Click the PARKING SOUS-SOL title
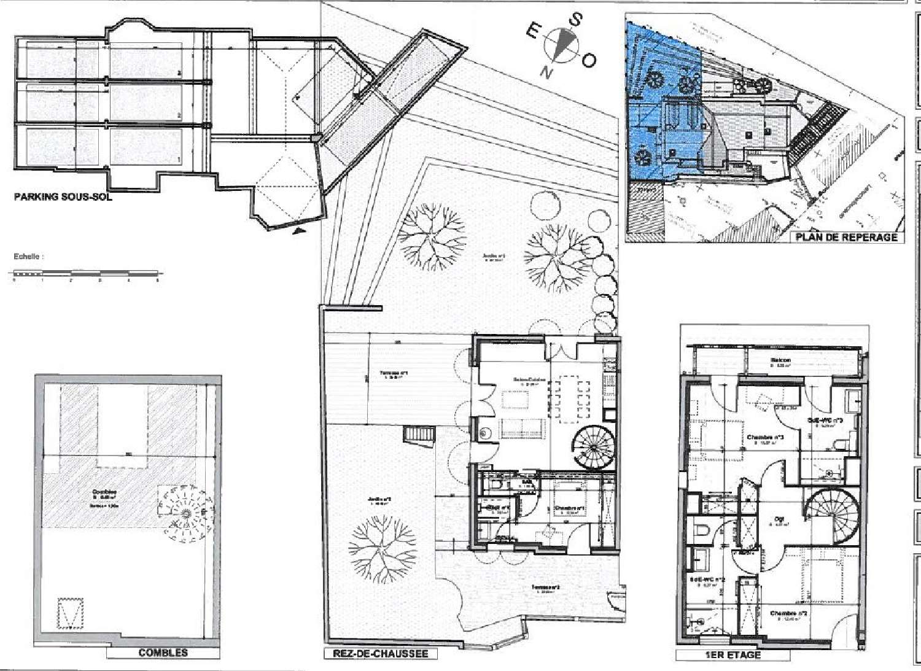pyautogui.click(x=63, y=198)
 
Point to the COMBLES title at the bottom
pyautogui.click(x=163, y=653)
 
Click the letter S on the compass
pyautogui.click(x=577, y=20)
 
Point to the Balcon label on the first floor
pyautogui.click(x=780, y=361)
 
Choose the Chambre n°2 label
pyautogui.click(x=789, y=613)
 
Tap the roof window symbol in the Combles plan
pyautogui.click(x=69, y=613)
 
